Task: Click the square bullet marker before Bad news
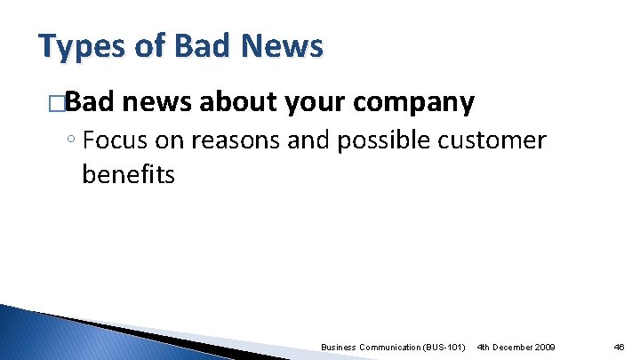[x=58, y=104]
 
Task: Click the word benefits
[x=128, y=173]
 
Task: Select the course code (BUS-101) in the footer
[x=444, y=346]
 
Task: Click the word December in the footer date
[x=516, y=346]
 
